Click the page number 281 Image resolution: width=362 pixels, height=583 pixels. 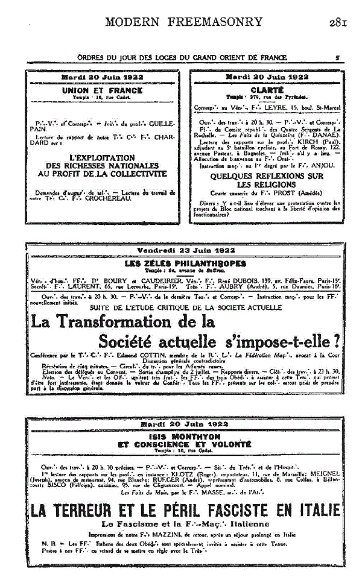pos(337,22)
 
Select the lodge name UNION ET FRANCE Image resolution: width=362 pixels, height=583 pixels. pos(102,90)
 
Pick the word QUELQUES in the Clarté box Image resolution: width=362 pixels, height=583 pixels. pos(232,175)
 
